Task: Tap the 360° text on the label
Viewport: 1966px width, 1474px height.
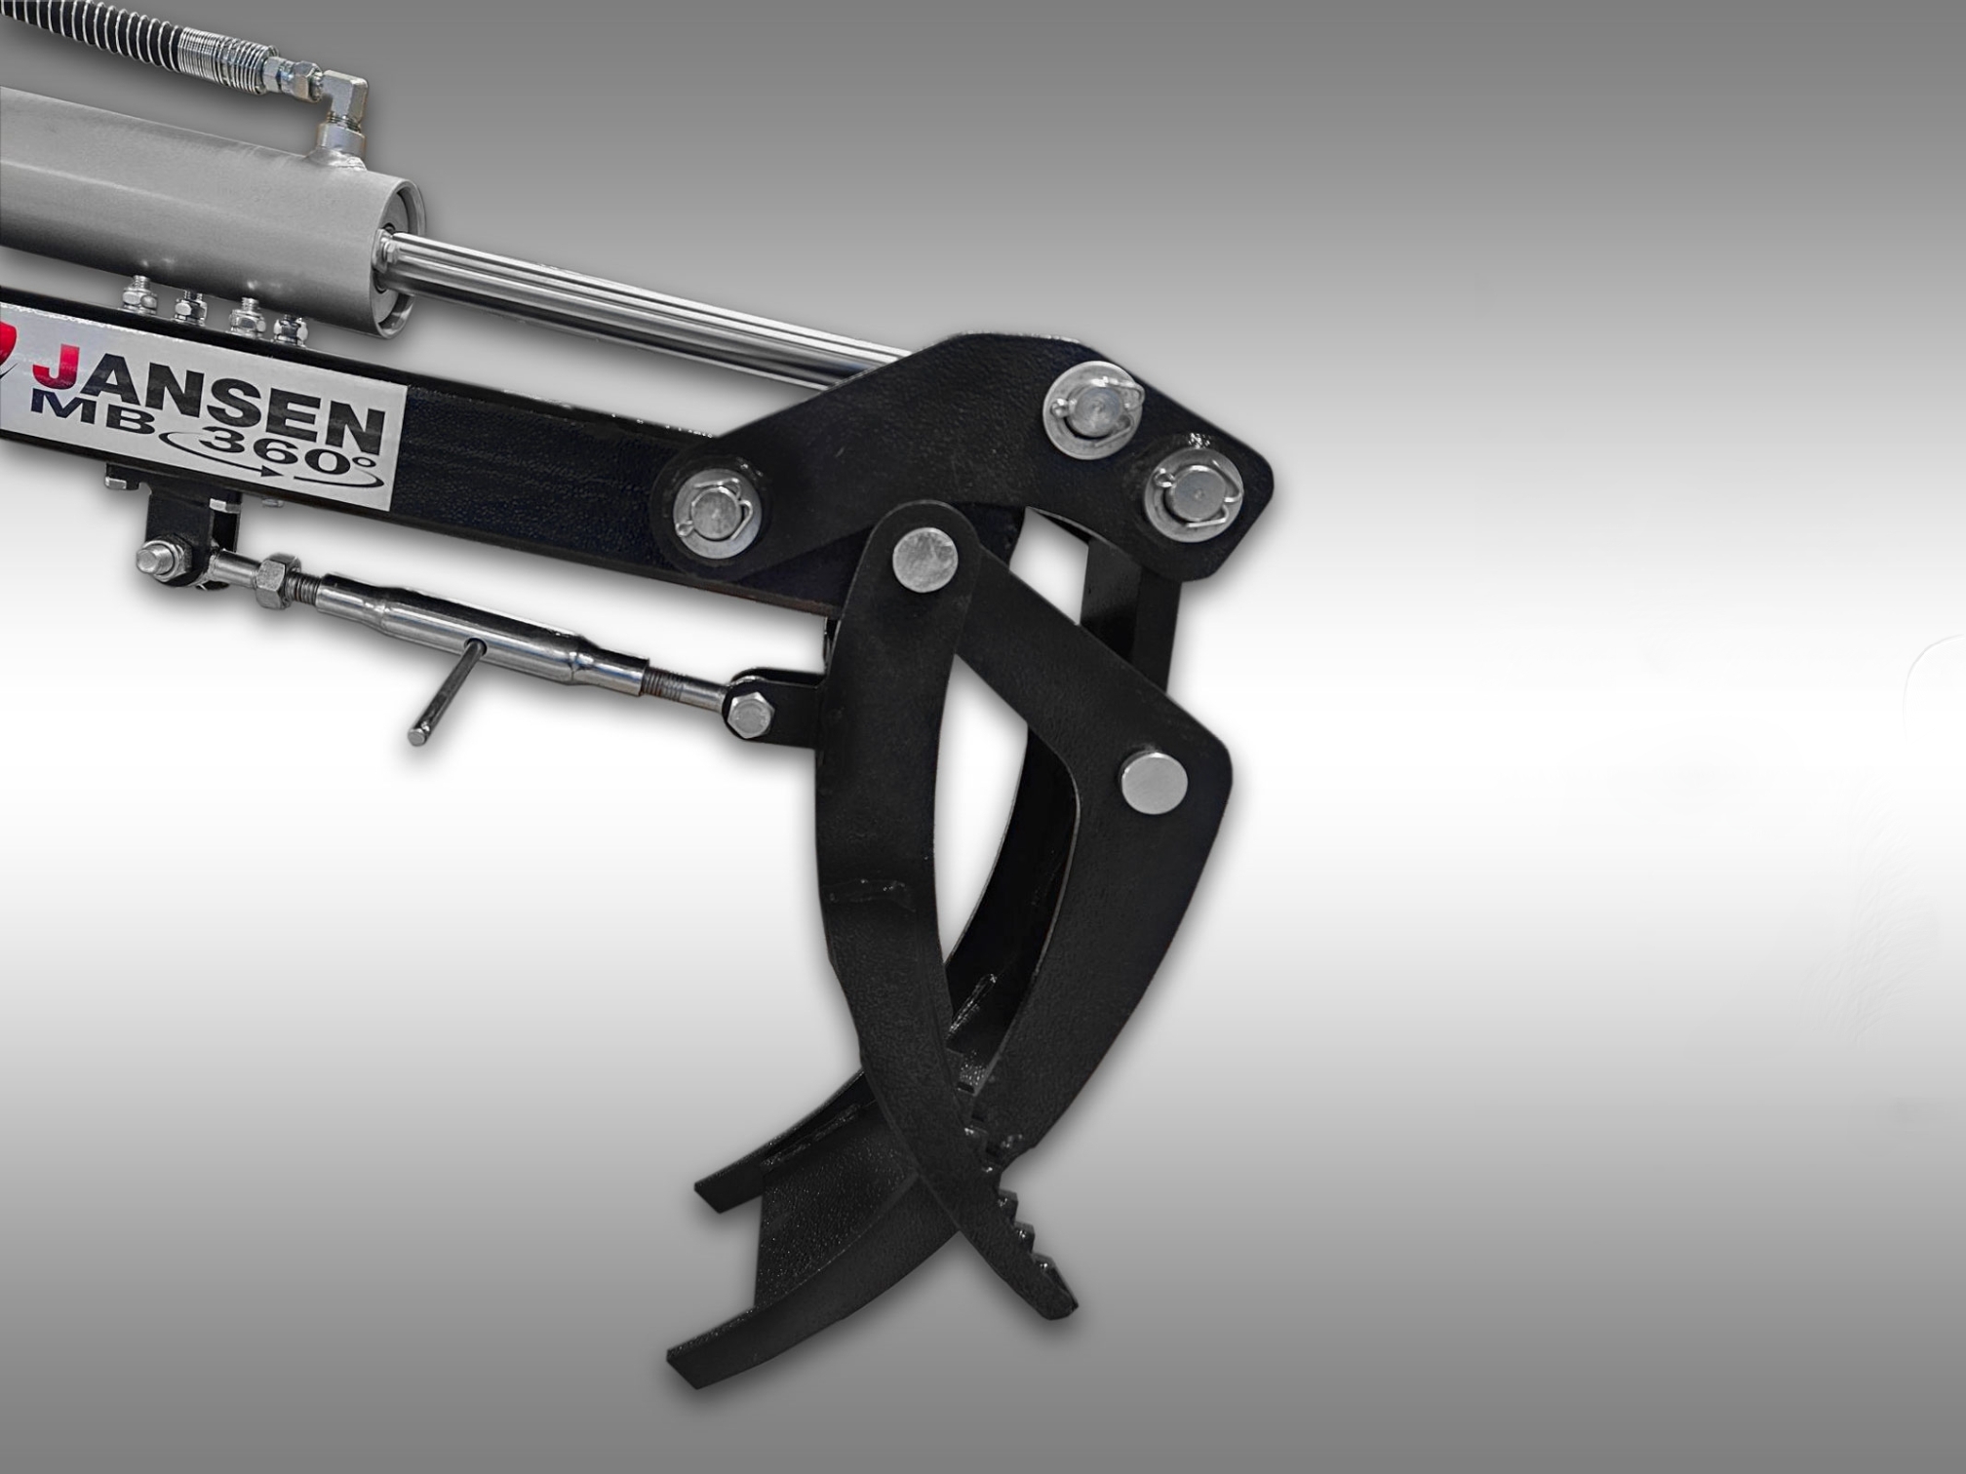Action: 283,452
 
